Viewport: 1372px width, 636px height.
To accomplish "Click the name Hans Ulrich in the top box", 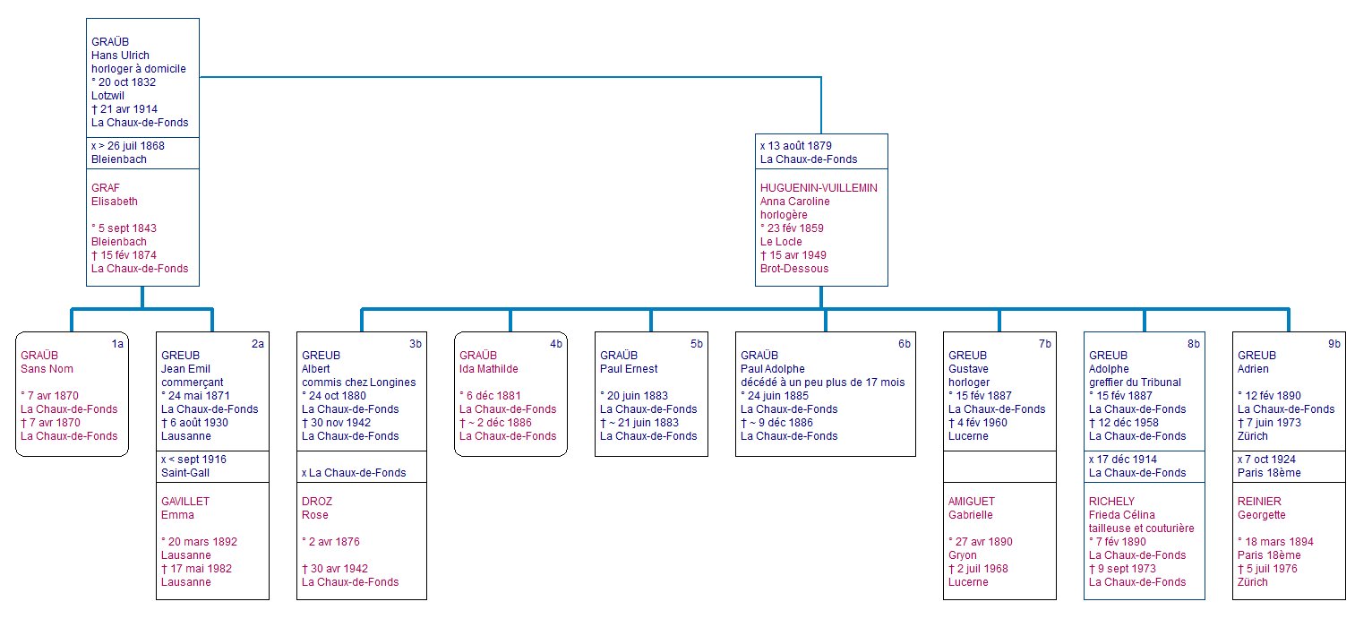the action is pyautogui.click(x=120, y=56).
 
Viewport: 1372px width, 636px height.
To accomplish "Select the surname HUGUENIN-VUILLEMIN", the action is pyautogui.click(x=819, y=188).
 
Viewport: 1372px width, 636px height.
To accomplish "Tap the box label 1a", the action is pyautogui.click(x=117, y=344).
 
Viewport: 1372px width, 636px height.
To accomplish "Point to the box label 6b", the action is pyautogui.click(x=904, y=344).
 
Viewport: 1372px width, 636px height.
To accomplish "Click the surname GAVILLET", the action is pyautogui.click(x=185, y=502).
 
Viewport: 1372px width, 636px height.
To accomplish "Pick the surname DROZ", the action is pyautogui.click(x=317, y=502).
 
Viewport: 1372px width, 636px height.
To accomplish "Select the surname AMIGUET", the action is pyautogui.click(x=972, y=502).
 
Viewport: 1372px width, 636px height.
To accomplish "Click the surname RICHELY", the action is pyautogui.click(x=1111, y=502).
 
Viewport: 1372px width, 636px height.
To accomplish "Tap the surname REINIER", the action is pyautogui.click(x=1259, y=502).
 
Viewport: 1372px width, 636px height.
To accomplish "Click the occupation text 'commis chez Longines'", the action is pyautogui.click(x=358, y=382).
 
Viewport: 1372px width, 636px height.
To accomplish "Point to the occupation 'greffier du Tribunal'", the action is pyautogui.click(x=1135, y=382).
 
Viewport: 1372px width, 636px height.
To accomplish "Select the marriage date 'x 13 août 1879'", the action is pyautogui.click(x=795, y=146).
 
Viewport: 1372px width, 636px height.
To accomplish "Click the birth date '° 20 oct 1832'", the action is pyautogui.click(x=123, y=82).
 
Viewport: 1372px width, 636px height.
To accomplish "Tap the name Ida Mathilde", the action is pyautogui.click(x=488, y=369).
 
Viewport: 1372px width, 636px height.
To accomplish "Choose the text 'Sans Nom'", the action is pyautogui.click(x=47, y=369).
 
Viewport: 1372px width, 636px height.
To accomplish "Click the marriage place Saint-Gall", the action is pyautogui.click(x=185, y=473).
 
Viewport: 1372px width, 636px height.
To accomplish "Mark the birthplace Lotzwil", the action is pyautogui.click(x=107, y=96).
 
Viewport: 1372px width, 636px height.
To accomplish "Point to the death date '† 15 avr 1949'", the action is pyautogui.click(x=793, y=255).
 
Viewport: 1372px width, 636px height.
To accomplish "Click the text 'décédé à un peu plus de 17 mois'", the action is pyautogui.click(x=823, y=382).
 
